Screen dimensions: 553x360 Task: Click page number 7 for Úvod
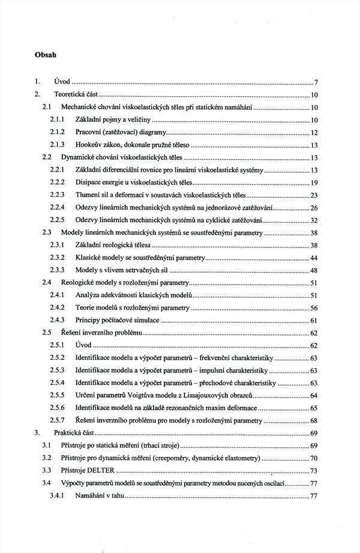316,82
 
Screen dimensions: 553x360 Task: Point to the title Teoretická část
76,94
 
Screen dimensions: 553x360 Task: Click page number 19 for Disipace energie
314,183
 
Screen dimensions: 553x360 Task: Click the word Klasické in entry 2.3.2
89,258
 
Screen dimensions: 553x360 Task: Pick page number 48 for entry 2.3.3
314,270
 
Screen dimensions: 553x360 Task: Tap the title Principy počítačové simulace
118,320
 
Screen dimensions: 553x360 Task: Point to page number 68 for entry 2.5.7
314,420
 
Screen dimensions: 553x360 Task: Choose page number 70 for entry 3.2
314,458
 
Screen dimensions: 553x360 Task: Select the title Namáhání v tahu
99,495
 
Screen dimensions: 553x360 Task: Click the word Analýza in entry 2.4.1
89,295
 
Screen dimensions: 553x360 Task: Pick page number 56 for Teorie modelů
314,307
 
